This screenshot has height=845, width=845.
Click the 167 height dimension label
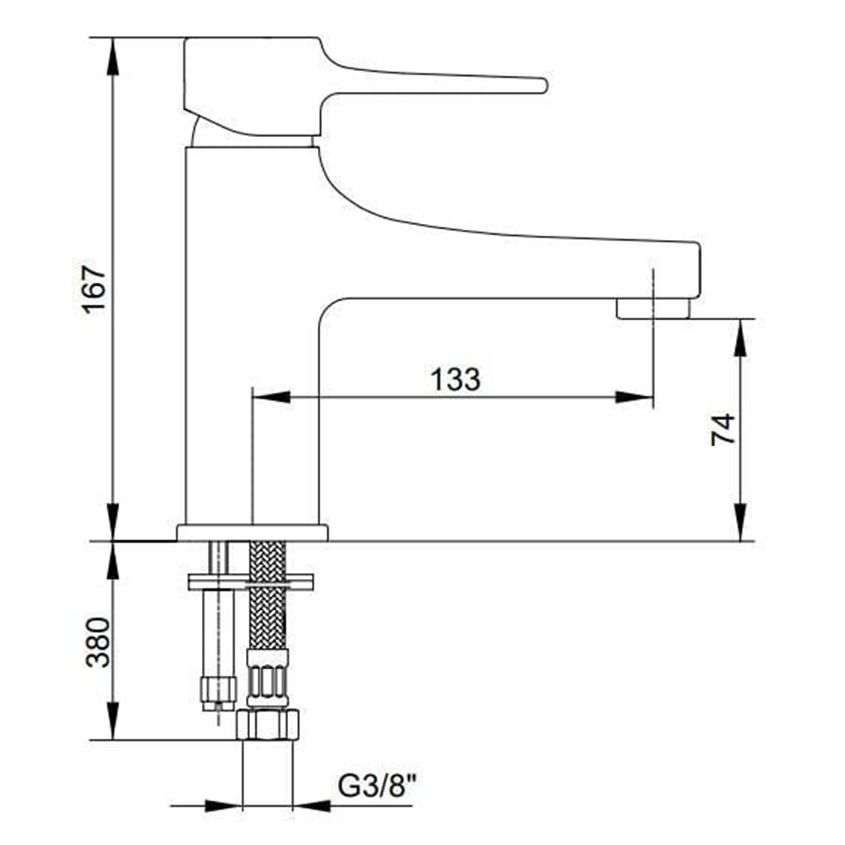click(x=95, y=286)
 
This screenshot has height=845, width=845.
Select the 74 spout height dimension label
click(x=722, y=429)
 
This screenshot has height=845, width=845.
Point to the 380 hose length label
click(x=98, y=642)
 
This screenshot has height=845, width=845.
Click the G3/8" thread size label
click(x=377, y=786)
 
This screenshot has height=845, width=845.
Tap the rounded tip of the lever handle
click(x=543, y=85)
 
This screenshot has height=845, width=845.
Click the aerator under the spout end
click(x=653, y=308)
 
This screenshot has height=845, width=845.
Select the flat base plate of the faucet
click(x=252, y=532)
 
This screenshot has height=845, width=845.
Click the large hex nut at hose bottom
click(x=268, y=725)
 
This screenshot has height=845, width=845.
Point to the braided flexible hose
click(x=268, y=596)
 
